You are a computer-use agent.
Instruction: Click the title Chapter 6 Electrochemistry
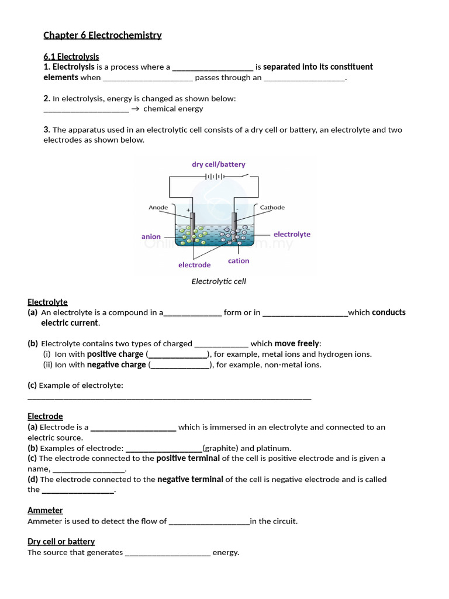pyautogui.click(x=102, y=35)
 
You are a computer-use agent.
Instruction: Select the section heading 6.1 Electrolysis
pyautogui.click(x=71, y=57)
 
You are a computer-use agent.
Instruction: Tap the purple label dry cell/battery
pyautogui.click(x=218, y=164)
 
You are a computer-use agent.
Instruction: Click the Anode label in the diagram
pyautogui.click(x=158, y=208)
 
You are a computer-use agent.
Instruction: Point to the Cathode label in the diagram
pyautogui.click(x=272, y=208)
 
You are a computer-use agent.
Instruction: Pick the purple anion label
pyautogui.click(x=151, y=237)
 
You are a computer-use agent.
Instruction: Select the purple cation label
pyautogui.click(x=239, y=261)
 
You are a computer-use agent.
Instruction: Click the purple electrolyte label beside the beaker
pyautogui.click(x=292, y=235)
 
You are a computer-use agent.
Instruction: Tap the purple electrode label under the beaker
pyautogui.click(x=194, y=265)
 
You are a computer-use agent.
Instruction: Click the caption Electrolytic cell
pyautogui.click(x=219, y=281)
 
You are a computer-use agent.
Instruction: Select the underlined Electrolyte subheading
pyautogui.click(x=47, y=302)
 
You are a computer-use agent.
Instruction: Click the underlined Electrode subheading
pyautogui.click(x=45, y=416)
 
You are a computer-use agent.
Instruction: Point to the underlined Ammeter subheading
pyautogui.click(x=45, y=511)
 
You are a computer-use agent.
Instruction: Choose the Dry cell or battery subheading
pyautogui.click(x=61, y=542)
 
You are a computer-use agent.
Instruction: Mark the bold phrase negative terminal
pyautogui.click(x=190, y=480)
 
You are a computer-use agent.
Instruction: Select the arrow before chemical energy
pyautogui.click(x=135, y=109)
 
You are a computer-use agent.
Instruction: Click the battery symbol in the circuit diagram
pyautogui.click(x=215, y=176)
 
